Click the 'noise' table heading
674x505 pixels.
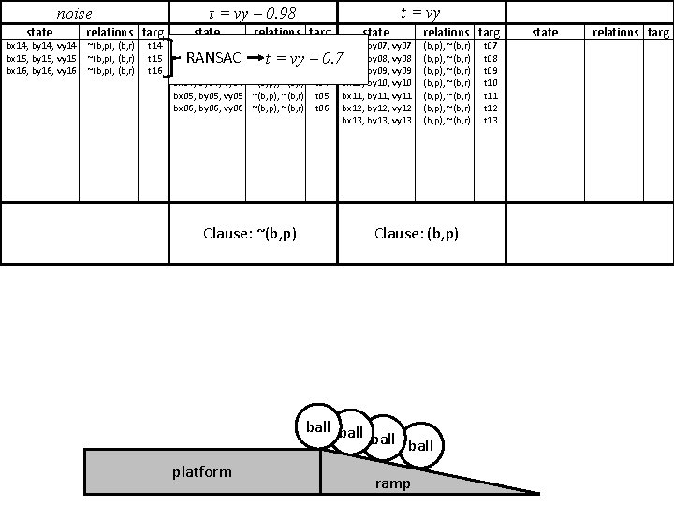click(x=75, y=14)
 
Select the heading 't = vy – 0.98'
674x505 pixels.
click(x=251, y=13)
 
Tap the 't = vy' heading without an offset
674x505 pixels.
click(x=419, y=13)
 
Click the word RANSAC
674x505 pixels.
click(x=213, y=58)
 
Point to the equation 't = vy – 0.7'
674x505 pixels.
click(x=304, y=59)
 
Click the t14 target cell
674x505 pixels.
click(x=156, y=45)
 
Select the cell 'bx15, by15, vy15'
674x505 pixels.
click(x=41, y=58)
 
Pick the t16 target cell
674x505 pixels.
click(x=156, y=71)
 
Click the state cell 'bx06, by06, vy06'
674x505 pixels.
click(x=209, y=108)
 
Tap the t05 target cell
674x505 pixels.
click(x=321, y=95)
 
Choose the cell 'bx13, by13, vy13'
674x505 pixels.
click(x=376, y=120)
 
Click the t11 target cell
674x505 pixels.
click(x=490, y=95)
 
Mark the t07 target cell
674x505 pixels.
click(x=490, y=45)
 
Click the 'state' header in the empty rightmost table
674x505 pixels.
click(x=545, y=32)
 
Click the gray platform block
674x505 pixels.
click(x=202, y=471)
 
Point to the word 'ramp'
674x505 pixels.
click(x=392, y=483)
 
